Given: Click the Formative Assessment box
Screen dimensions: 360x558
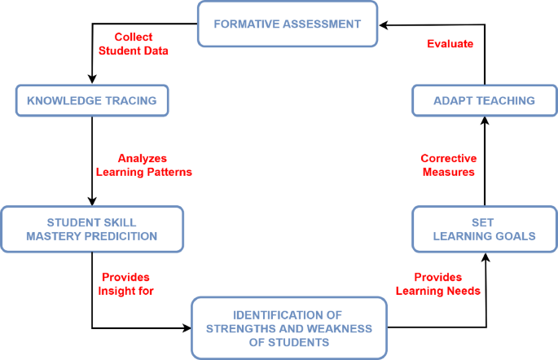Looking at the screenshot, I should pyautogui.click(x=287, y=24).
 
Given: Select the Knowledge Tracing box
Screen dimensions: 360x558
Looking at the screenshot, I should pyautogui.click(x=91, y=100).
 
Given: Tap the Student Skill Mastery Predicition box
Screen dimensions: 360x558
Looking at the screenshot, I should pyautogui.click(x=91, y=229).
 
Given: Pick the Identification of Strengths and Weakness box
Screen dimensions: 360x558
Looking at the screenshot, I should pyautogui.click(x=288, y=327).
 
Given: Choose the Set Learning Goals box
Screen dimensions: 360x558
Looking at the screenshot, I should pyautogui.click(x=484, y=229).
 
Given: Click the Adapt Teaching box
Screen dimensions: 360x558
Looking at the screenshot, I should pyautogui.click(x=484, y=100).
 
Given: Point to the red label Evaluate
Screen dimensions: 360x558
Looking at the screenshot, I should pyautogui.click(x=450, y=44).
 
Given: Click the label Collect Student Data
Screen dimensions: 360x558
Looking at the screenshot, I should pyautogui.click(x=133, y=44).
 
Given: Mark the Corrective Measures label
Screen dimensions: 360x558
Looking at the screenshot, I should pyautogui.click(x=448, y=165).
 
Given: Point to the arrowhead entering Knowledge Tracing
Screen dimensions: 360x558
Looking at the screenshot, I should pyautogui.click(x=91, y=80).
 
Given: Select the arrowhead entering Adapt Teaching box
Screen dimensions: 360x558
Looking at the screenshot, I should pyautogui.click(x=484, y=120).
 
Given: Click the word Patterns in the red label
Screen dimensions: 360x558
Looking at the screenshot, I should pyautogui.click(x=169, y=172).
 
